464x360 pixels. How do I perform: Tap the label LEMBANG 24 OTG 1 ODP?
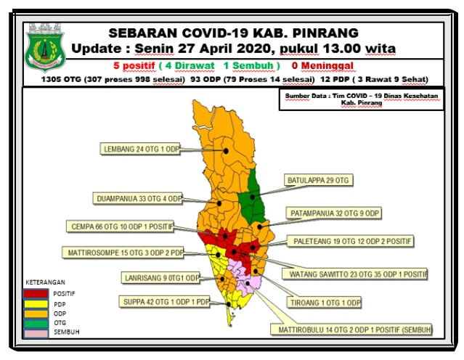click(139, 150)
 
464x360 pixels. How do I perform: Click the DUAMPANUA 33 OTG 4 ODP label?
click(139, 198)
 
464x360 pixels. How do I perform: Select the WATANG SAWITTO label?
click(364, 274)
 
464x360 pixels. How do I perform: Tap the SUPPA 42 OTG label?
click(164, 301)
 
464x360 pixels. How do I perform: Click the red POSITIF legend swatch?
click(35, 293)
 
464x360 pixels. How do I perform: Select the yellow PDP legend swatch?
click(35, 303)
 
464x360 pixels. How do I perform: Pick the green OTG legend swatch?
click(35, 322)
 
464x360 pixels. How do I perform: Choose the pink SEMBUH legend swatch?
click(35, 332)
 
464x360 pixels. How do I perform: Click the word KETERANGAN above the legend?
click(46, 282)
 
